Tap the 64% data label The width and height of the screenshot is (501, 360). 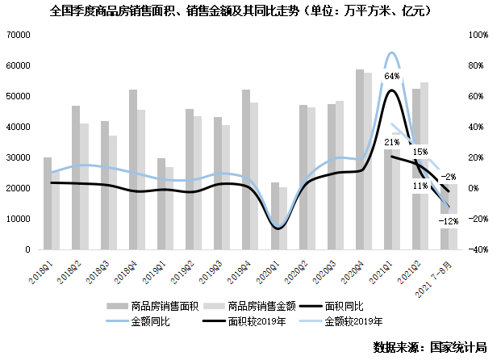(392, 76)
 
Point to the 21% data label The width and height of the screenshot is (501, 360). (392, 143)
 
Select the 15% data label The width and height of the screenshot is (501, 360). (420, 152)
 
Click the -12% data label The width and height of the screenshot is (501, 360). (449, 220)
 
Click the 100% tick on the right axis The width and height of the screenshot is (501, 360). (477, 36)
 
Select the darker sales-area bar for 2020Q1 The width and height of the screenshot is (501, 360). (275, 216)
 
